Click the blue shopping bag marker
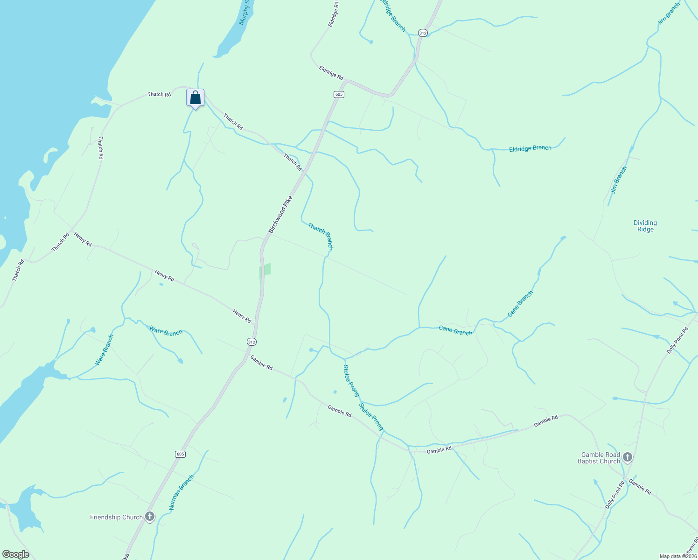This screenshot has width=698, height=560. (195, 98)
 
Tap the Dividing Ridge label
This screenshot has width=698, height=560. (645, 226)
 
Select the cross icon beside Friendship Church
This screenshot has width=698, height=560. (150, 516)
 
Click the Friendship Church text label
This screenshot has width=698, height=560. (116, 517)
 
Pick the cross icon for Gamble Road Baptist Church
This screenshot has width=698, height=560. (628, 457)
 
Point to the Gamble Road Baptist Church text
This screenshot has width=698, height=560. (599, 458)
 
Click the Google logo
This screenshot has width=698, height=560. (15, 554)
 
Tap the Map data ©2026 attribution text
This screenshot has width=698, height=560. (677, 556)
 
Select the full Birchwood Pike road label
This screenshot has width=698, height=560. (280, 215)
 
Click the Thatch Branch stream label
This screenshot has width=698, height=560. (321, 236)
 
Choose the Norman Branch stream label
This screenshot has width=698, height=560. (181, 493)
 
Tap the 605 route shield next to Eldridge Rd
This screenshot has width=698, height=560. (339, 94)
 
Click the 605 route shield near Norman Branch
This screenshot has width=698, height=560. (181, 454)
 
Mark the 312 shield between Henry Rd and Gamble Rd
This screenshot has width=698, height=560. (251, 342)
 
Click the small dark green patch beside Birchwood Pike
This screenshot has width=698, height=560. (265, 270)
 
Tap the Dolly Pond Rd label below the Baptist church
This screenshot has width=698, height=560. (614, 495)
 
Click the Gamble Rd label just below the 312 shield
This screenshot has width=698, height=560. (261, 363)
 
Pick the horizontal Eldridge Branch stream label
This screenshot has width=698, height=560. (530, 148)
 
